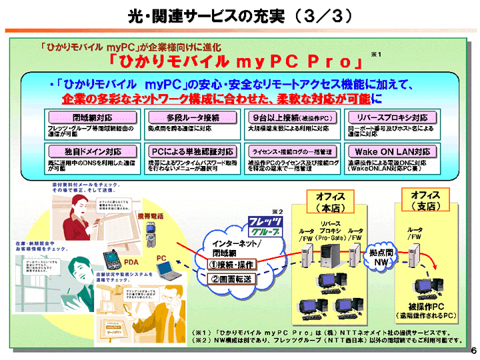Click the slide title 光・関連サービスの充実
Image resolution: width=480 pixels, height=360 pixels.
[x=239, y=15]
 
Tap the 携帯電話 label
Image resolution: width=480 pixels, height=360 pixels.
[x=151, y=217]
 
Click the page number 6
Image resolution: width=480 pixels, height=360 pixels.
[x=473, y=351]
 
